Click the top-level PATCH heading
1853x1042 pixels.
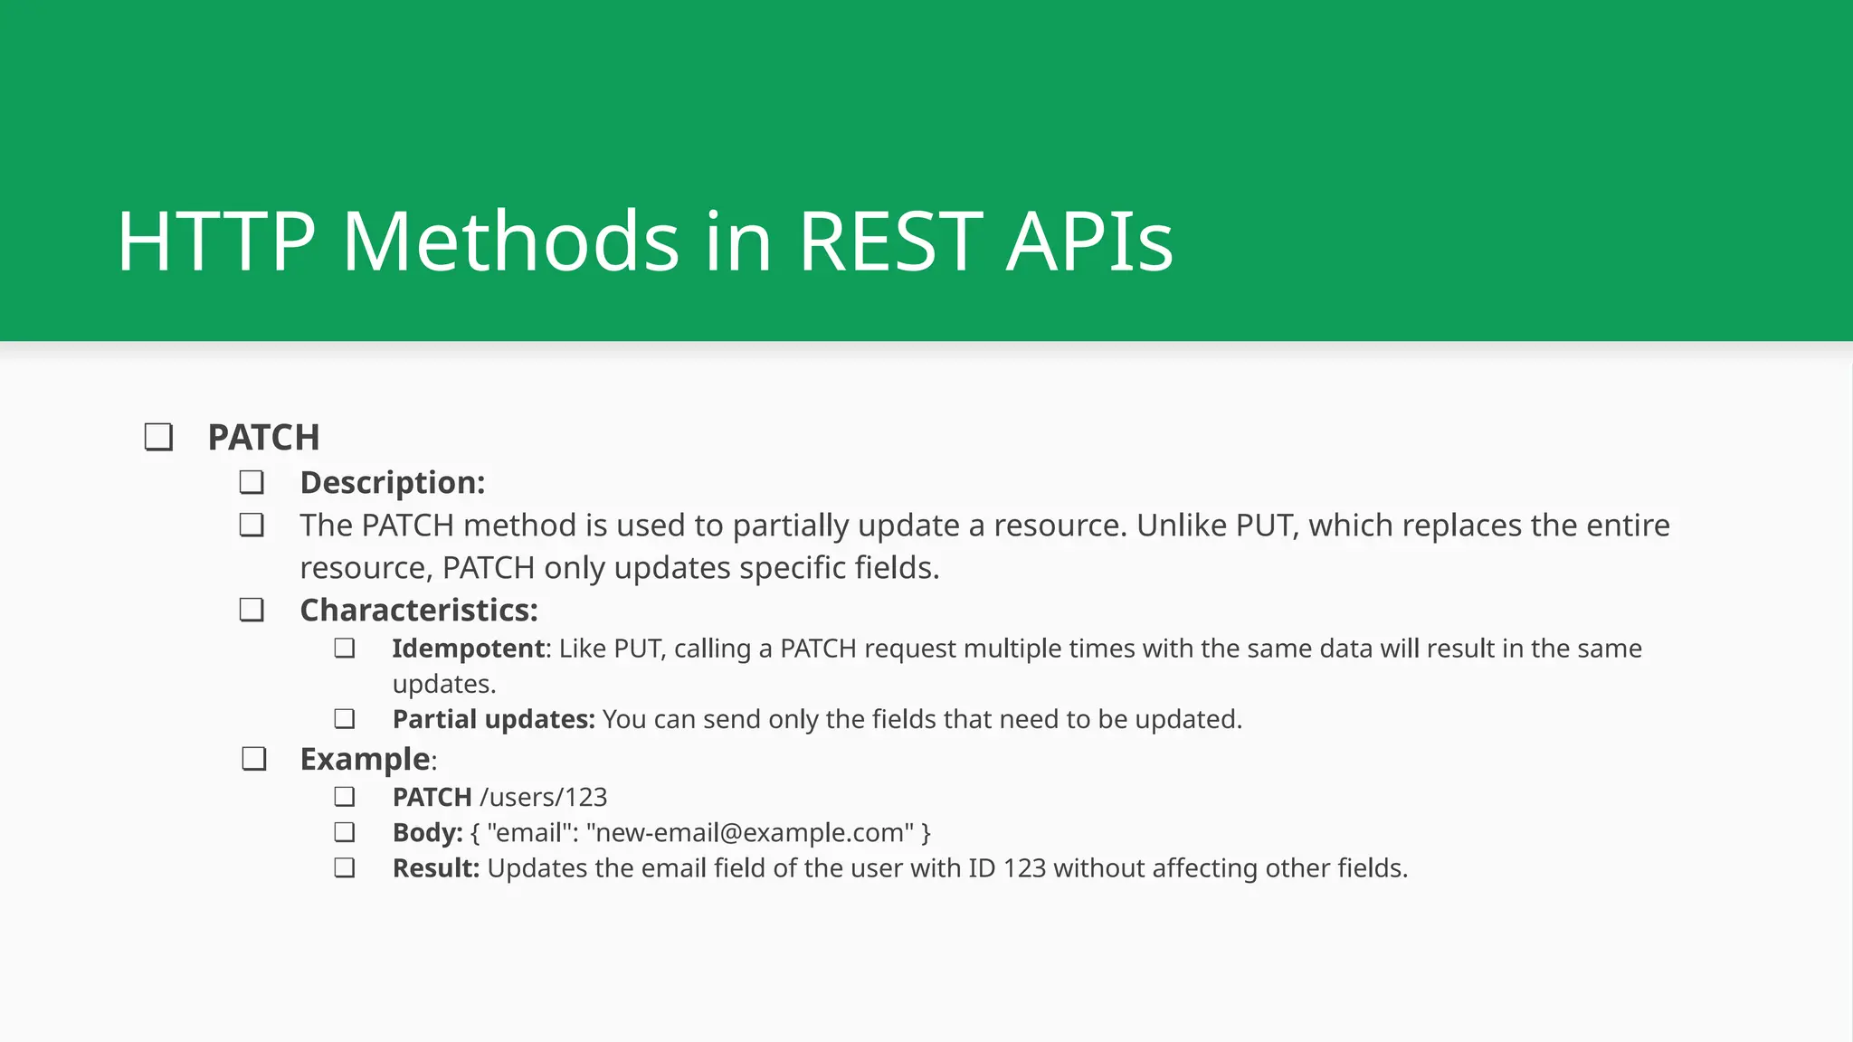(263, 438)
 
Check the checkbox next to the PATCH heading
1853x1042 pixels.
(159, 438)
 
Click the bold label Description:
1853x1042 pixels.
(392, 483)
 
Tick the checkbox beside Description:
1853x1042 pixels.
(252, 482)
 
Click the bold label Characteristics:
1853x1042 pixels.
(418, 611)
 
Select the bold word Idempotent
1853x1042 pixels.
(468, 649)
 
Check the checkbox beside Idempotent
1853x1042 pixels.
(344, 649)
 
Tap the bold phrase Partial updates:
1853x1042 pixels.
(493, 719)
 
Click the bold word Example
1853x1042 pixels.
(365, 759)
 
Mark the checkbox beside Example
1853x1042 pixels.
(254, 759)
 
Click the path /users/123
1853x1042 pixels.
(544, 797)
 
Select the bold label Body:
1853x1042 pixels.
(427, 832)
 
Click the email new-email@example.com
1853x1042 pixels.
(747, 832)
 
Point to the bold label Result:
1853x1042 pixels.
(435, 868)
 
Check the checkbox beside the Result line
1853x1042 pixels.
(344, 868)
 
